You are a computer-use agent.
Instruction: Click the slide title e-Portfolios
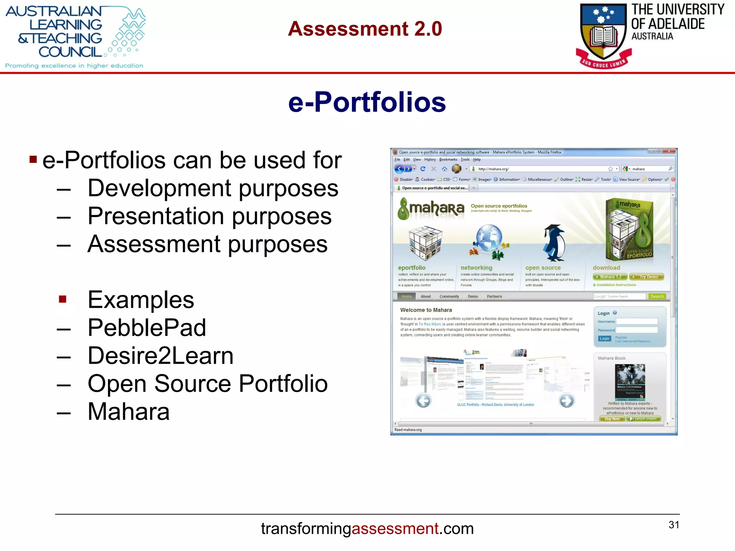point(367,102)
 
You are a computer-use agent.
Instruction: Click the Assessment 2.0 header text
point(365,29)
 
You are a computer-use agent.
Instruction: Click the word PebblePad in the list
point(147,328)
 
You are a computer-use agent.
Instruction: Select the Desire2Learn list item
point(160,355)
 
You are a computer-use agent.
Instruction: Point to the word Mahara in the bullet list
point(128,411)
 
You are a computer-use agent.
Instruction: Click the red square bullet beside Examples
point(63,299)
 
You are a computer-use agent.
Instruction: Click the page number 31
point(674,525)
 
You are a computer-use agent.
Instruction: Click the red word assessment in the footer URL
point(395,529)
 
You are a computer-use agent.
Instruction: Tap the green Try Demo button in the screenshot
point(646,277)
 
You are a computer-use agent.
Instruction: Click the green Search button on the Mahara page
point(657,296)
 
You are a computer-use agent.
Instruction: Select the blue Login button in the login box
point(604,339)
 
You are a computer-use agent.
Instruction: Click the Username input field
point(637,321)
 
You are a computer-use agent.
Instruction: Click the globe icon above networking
point(488,239)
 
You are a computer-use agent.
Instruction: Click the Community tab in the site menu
point(449,296)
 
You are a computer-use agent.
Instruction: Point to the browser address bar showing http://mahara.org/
point(538,169)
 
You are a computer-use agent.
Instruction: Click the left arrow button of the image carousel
point(423,401)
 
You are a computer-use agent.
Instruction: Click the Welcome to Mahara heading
point(426,310)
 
